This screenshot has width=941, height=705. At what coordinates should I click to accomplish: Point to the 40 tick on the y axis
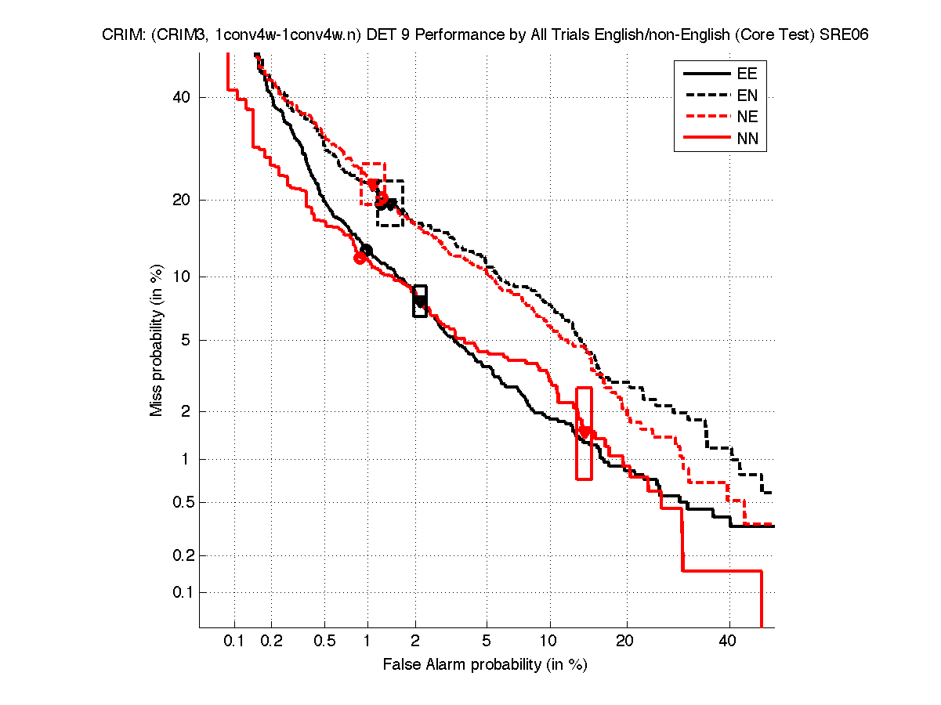coord(182,97)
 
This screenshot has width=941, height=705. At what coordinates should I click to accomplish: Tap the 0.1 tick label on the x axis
coord(234,641)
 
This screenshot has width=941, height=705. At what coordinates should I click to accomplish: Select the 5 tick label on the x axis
coord(487,641)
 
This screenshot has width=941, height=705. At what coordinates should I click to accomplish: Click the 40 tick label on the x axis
coord(729,641)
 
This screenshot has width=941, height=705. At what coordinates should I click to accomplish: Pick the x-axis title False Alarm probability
coord(485,665)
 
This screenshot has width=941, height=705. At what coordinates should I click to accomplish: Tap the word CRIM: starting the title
coord(120,35)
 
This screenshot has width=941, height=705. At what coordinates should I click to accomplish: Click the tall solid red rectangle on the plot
coord(584,433)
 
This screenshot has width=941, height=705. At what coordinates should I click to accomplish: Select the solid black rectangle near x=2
coord(420,302)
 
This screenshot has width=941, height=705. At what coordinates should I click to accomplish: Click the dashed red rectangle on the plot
coord(373,184)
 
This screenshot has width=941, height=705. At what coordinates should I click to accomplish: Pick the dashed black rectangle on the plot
coord(390,203)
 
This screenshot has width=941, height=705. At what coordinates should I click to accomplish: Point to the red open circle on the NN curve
coord(360,258)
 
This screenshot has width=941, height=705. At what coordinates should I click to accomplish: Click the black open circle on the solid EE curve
coord(366,251)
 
